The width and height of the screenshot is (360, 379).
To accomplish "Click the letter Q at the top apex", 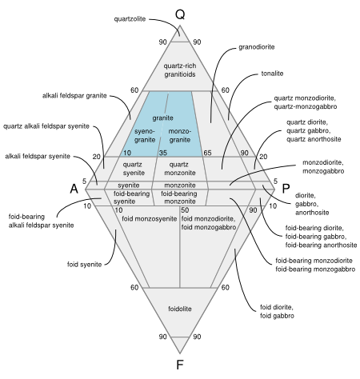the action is [180, 14].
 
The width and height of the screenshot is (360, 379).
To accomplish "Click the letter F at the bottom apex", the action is [180, 365].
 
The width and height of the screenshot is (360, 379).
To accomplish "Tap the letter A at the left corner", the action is [74, 189].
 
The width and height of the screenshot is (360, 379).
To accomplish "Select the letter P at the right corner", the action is [286, 189].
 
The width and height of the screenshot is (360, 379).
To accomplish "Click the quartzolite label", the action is [130, 19].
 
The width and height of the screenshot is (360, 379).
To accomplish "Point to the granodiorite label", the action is [257, 47].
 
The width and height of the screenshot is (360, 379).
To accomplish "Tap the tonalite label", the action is [272, 74].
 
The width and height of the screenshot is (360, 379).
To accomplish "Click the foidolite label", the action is [180, 309].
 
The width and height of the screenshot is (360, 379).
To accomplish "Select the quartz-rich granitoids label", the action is [180, 70].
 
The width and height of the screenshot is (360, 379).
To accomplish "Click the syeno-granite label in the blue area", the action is [145, 135].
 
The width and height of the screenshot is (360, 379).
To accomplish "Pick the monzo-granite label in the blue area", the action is [180, 135].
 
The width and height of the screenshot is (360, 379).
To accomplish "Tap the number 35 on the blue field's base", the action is [163, 153].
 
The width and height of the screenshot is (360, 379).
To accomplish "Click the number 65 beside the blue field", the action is [207, 153].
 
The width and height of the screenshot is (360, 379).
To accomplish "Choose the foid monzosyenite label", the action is [150, 219].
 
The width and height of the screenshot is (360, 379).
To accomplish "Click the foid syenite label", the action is [84, 265].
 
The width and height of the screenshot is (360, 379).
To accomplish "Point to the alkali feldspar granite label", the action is [74, 96].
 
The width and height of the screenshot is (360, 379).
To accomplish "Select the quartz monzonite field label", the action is [180, 169].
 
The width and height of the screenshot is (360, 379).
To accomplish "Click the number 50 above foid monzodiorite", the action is [185, 210].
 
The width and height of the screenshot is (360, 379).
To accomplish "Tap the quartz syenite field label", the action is [134, 169].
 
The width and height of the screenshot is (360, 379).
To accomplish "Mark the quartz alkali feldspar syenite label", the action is [46, 126].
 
